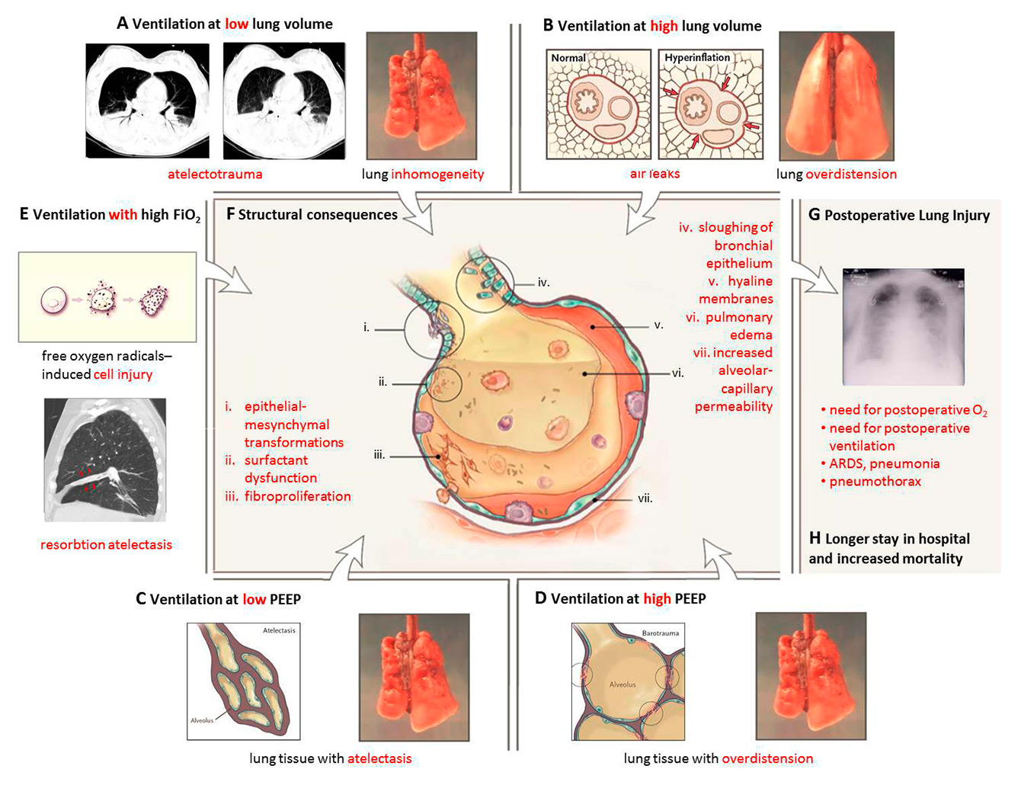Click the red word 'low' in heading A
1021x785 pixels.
click(236, 24)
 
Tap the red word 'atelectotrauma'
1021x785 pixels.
click(215, 174)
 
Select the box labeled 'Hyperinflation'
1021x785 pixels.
click(710, 104)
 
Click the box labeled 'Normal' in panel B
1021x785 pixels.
click(598, 104)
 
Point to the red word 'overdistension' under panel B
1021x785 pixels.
click(851, 174)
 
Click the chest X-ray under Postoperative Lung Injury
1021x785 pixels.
click(903, 326)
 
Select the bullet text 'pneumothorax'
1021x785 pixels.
click(875, 482)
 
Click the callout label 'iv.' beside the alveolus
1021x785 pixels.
click(543, 283)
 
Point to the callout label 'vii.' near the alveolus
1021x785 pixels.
click(645, 498)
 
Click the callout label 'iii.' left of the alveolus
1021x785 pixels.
click(379, 455)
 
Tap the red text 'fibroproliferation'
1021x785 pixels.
click(297, 496)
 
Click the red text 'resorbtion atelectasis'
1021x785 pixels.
click(106, 544)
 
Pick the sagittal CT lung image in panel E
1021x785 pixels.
click(104, 460)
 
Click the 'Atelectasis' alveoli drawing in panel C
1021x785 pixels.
click(244, 681)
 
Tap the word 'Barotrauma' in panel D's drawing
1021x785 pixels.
click(660, 633)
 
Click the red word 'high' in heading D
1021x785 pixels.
click(657, 599)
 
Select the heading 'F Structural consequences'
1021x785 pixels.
click(312, 215)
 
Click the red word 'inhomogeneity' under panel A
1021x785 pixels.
click(437, 174)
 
